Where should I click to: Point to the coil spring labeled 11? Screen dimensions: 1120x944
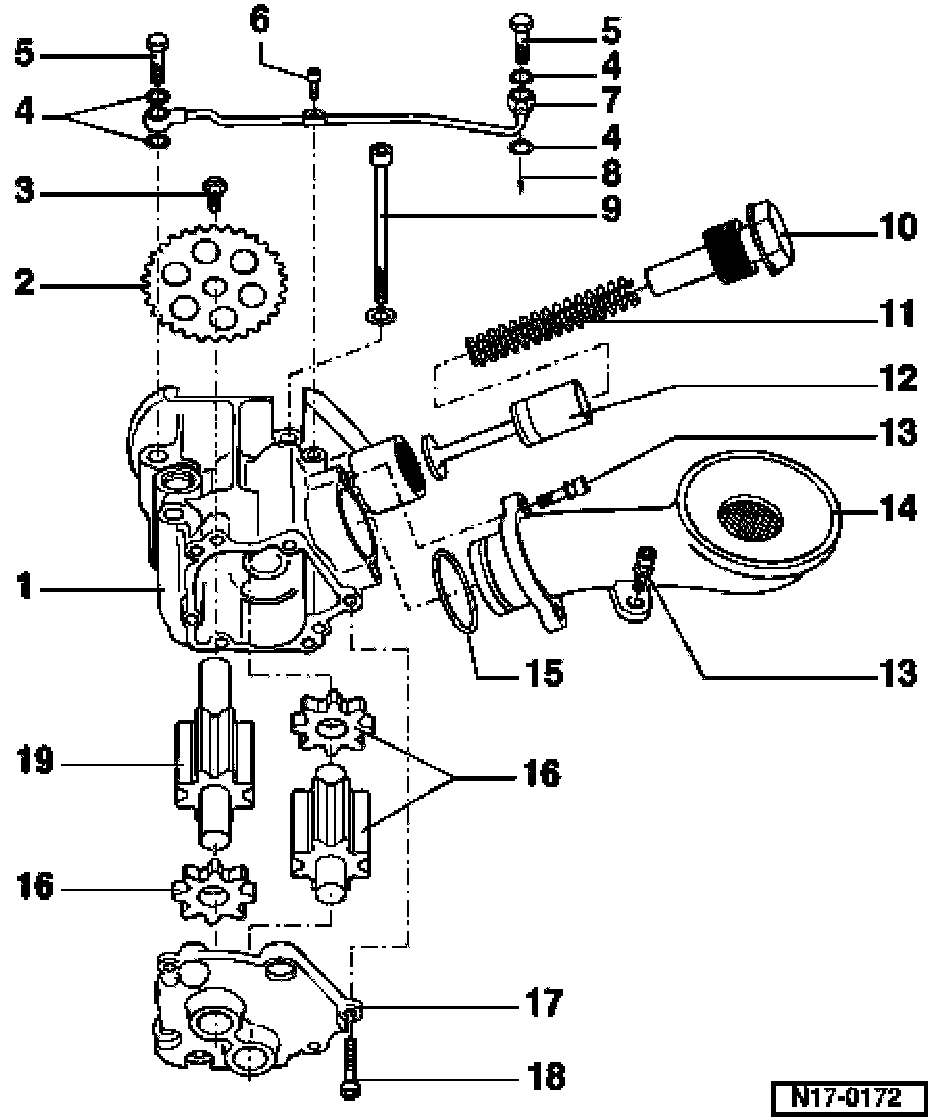tap(550, 320)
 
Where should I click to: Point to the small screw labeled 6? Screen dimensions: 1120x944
tap(314, 81)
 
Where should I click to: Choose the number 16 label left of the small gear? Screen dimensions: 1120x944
tap(35, 888)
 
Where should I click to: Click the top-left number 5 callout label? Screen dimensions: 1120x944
tap(24, 53)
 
